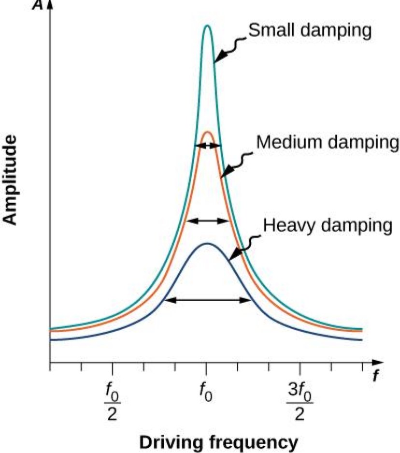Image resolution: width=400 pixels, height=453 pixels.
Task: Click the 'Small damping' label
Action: pyautogui.click(x=309, y=31)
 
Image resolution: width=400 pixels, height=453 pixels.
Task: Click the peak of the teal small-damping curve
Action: pyautogui.click(x=207, y=26)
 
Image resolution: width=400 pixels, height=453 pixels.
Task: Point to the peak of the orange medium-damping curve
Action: pyautogui.click(x=207, y=132)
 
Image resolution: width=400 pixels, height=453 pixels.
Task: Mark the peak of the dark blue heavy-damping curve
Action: pyautogui.click(x=207, y=243)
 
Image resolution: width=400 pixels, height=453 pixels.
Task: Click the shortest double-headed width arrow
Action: pyautogui.click(x=207, y=145)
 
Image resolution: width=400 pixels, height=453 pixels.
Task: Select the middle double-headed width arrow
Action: pyautogui.click(x=208, y=221)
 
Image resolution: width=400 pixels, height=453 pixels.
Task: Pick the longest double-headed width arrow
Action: pyautogui.click(x=208, y=300)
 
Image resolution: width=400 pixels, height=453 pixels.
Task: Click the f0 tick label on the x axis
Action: pyautogui.click(x=206, y=389)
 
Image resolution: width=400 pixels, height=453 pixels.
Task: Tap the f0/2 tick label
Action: pyautogui.click(x=113, y=400)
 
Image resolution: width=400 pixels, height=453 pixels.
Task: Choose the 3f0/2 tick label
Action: pyautogui.click(x=300, y=400)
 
